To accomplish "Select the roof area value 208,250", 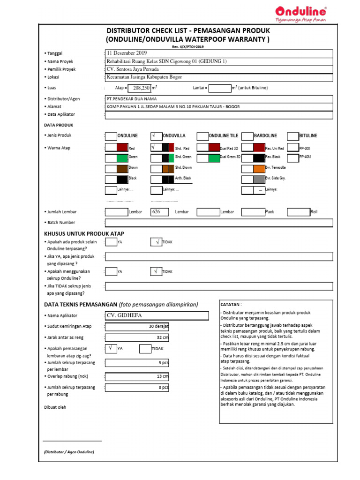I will pyautogui.click(x=141, y=88).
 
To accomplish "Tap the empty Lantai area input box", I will pyautogui.click(x=220, y=88).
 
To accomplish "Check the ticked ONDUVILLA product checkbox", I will pyautogui.click(x=156, y=136).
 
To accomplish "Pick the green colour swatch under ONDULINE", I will pyautogui.click(x=121, y=158).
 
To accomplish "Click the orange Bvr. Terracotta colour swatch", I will pyautogui.click(x=259, y=168).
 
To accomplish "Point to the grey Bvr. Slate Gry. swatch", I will pyautogui.click(x=259, y=179).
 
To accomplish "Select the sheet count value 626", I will pyautogui.click(x=157, y=212).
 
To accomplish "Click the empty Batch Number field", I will pyautogui.click(x=219, y=223).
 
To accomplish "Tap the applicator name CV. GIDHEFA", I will pyautogui.click(x=124, y=315).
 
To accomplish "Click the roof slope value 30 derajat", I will pyautogui.click(x=158, y=326).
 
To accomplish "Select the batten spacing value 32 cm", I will pyautogui.click(x=162, y=337).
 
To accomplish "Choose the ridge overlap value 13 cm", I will pyautogui.click(x=162, y=376).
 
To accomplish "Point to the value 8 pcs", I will pyautogui.click(x=163, y=388).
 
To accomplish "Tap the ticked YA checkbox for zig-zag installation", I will pyautogui.click(x=111, y=349).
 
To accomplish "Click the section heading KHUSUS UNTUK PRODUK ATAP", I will pyautogui.click(x=84, y=233).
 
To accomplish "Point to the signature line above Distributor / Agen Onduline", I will pyautogui.click(x=72, y=441).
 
